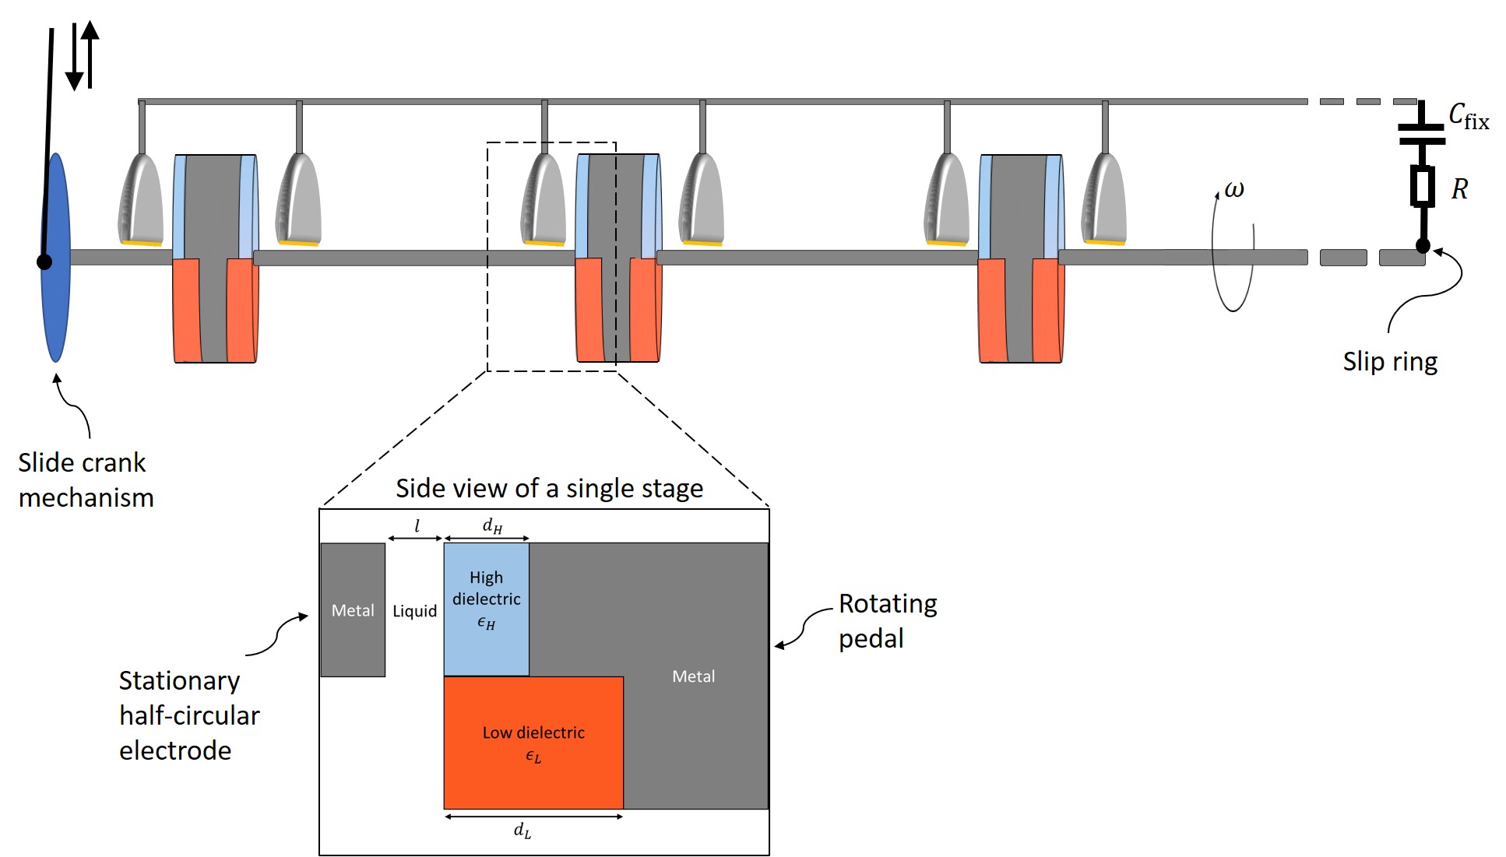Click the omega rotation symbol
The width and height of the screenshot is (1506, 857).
(1234, 190)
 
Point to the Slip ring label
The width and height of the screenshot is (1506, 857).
(1390, 362)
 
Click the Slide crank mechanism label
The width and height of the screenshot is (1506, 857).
(85, 480)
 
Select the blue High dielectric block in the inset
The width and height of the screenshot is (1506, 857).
(487, 609)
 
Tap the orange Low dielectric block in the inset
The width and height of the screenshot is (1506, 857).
(533, 743)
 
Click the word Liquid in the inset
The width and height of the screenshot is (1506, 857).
(414, 611)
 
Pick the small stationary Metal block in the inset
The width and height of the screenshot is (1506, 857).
(353, 609)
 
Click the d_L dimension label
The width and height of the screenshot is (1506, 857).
(523, 831)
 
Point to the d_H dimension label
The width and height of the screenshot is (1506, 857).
(492, 526)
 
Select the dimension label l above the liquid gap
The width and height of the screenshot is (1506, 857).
(417, 526)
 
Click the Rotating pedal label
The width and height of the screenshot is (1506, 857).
(887, 621)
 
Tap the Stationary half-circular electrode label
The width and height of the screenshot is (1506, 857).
(188, 715)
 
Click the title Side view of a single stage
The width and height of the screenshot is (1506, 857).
(549, 489)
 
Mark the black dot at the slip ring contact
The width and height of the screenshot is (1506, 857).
(1423, 246)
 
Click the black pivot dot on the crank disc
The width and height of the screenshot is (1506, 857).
(44, 262)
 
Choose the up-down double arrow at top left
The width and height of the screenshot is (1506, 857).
(83, 54)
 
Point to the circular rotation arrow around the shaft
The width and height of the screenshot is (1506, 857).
(1233, 257)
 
